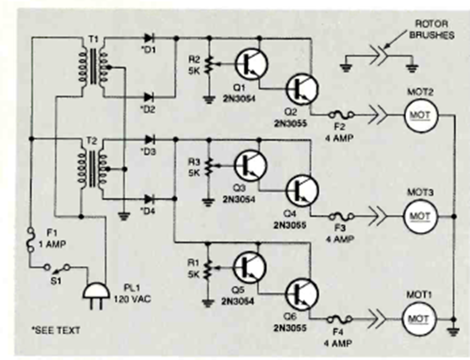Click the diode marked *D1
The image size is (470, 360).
148,38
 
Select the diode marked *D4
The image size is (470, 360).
148,199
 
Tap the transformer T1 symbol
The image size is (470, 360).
93,67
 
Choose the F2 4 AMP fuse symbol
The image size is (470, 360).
341,114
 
